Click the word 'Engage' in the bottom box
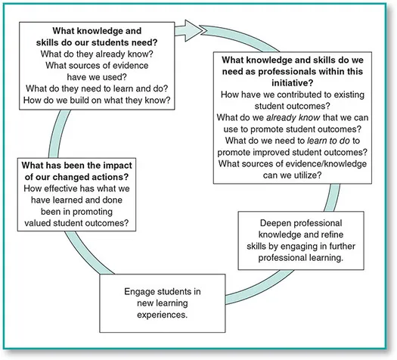[x=139, y=290]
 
